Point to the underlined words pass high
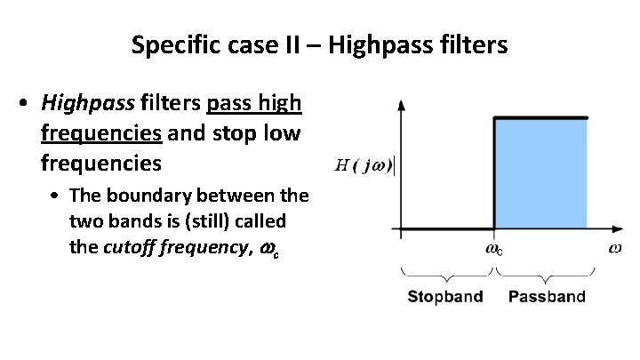tap(254, 104)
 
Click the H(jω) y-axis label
tap(364, 164)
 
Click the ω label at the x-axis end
tap(614, 248)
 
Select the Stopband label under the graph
tap(445, 296)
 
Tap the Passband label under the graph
tap(547, 296)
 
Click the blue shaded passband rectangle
tap(540, 173)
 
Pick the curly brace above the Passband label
tap(547, 273)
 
